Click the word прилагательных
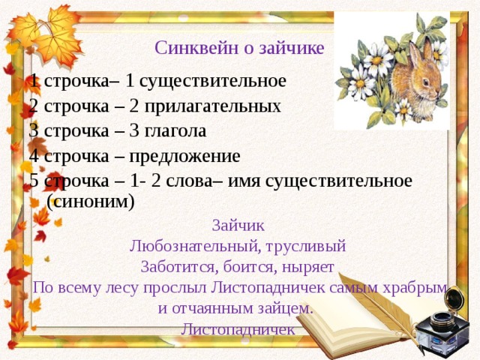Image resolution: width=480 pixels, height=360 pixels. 212,107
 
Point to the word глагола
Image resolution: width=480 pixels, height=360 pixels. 175,131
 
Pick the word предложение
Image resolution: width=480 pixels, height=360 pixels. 184,157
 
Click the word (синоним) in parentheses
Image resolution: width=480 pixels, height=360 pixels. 90,202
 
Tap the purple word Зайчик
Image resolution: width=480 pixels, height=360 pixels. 238,225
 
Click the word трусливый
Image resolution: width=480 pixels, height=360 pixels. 306,247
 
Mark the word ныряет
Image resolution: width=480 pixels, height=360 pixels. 308,268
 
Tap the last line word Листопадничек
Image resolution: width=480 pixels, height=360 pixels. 238,329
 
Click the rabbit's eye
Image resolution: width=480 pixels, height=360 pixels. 426,82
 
